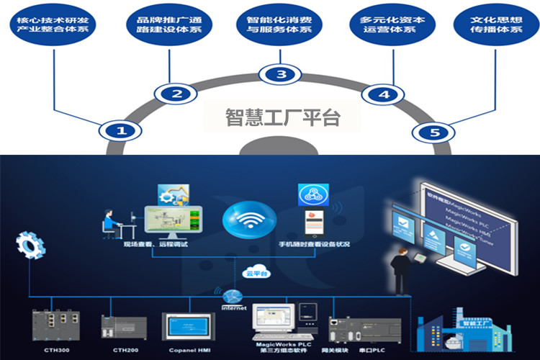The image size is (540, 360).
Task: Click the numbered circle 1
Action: coord(121,131)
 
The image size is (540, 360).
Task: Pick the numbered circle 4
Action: coord(384,94)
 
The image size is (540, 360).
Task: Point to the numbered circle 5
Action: coord(433,132)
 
